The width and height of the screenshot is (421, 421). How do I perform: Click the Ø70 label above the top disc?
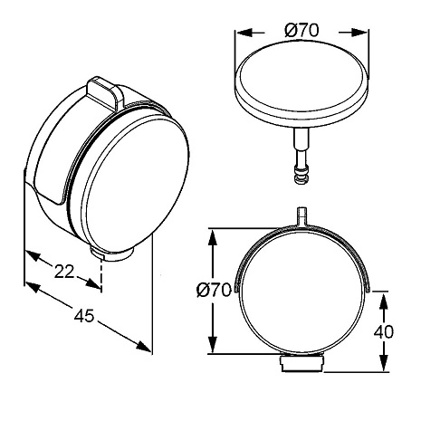(301, 31)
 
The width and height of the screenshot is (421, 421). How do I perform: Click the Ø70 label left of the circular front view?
(214, 291)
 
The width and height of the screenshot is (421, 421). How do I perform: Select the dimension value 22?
(64, 272)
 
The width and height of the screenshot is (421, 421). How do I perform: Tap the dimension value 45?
(84, 316)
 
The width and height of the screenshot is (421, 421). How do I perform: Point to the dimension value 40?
(384, 332)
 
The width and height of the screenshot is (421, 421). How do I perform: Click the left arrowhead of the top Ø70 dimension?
(244, 33)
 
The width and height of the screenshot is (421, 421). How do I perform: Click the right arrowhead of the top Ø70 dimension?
(359, 33)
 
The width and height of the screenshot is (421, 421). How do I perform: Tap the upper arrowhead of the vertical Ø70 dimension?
(213, 238)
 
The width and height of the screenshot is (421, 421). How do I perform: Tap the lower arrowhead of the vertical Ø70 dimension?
(213, 344)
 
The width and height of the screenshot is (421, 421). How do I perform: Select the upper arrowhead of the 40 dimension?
(384, 301)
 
